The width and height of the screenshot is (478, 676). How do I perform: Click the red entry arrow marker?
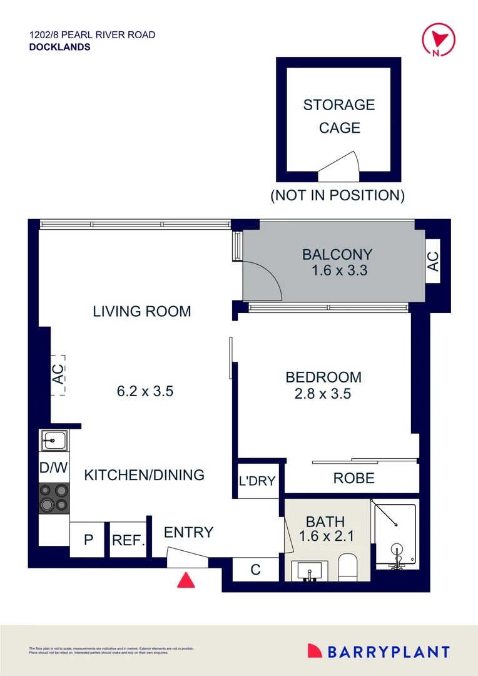tap(186, 580)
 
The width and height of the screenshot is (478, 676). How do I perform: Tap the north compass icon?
tap(435, 39)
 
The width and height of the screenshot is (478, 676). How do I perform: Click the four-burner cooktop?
tap(54, 498)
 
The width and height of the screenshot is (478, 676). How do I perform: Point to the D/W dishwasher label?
tap(54, 468)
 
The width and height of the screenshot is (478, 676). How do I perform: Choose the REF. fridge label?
tap(128, 540)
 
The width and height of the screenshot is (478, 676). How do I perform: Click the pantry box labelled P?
tap(87, 540)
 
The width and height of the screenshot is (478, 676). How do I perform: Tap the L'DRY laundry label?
tap(257, 481)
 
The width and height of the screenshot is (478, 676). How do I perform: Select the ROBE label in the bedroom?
tap(353, 479)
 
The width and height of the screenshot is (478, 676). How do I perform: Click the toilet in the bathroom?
tap(347, 566)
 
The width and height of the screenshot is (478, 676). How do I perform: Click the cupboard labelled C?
tap(255, 570)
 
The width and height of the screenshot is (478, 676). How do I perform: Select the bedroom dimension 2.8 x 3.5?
tap(323, 394)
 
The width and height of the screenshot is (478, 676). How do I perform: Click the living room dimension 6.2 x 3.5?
tap(145, 392)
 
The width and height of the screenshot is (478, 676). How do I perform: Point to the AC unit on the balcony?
tap(433, 261)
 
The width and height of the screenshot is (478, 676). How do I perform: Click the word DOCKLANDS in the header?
tap(59, 47)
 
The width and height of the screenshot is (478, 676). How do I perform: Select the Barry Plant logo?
tap(379, 652)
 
